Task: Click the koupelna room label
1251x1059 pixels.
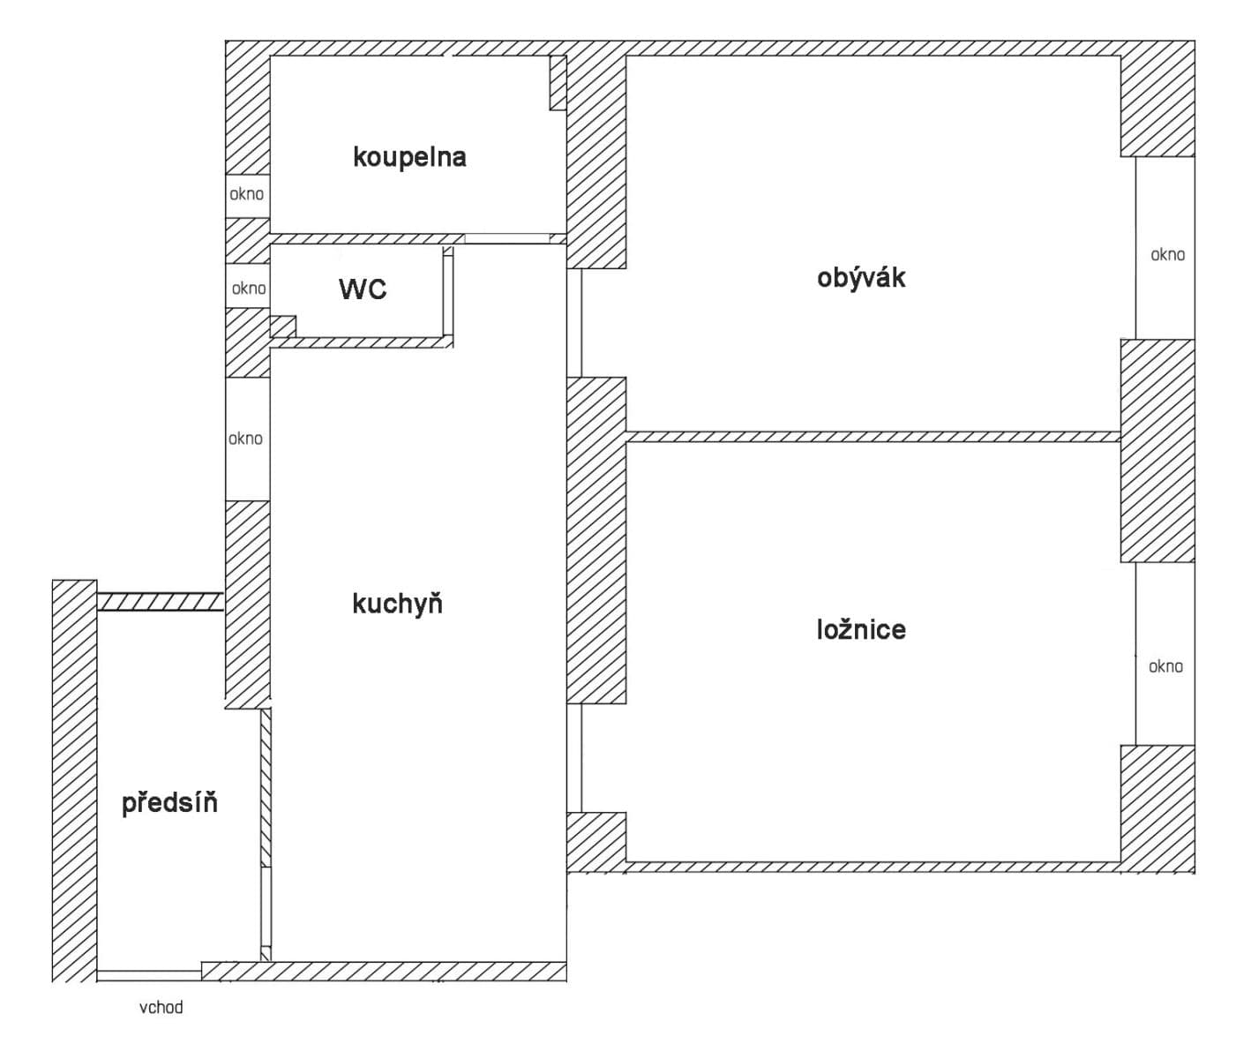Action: coord(409,157)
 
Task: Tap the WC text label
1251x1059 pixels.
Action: coord(363,289)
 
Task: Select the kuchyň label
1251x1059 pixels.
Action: coord(397,604)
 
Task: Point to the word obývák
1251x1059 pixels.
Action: coord(861,278)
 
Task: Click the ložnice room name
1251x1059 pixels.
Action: coord(861,629)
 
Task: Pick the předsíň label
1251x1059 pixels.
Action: coord(169,803)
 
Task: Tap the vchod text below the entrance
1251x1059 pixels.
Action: coord(161,1007)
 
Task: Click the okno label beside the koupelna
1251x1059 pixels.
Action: coord(247,194)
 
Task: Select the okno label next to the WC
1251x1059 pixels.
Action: coord(249,289)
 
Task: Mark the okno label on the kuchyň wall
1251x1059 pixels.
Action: coord(246,439)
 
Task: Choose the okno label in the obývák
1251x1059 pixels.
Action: coord(1167,255)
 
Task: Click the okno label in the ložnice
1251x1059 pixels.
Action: coord(1165,666)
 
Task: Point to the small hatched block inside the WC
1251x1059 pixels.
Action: coord(282,327)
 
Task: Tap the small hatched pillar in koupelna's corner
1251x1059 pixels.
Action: coord(558,83)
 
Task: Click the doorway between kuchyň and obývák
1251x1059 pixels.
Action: coord(574,323)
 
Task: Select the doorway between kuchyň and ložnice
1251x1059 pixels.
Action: coord(574,757)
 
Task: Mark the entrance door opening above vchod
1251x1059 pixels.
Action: coord(149,975)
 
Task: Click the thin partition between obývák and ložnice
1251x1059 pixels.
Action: coord(873,437)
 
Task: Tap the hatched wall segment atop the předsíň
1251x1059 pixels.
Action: coord(159,602)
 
